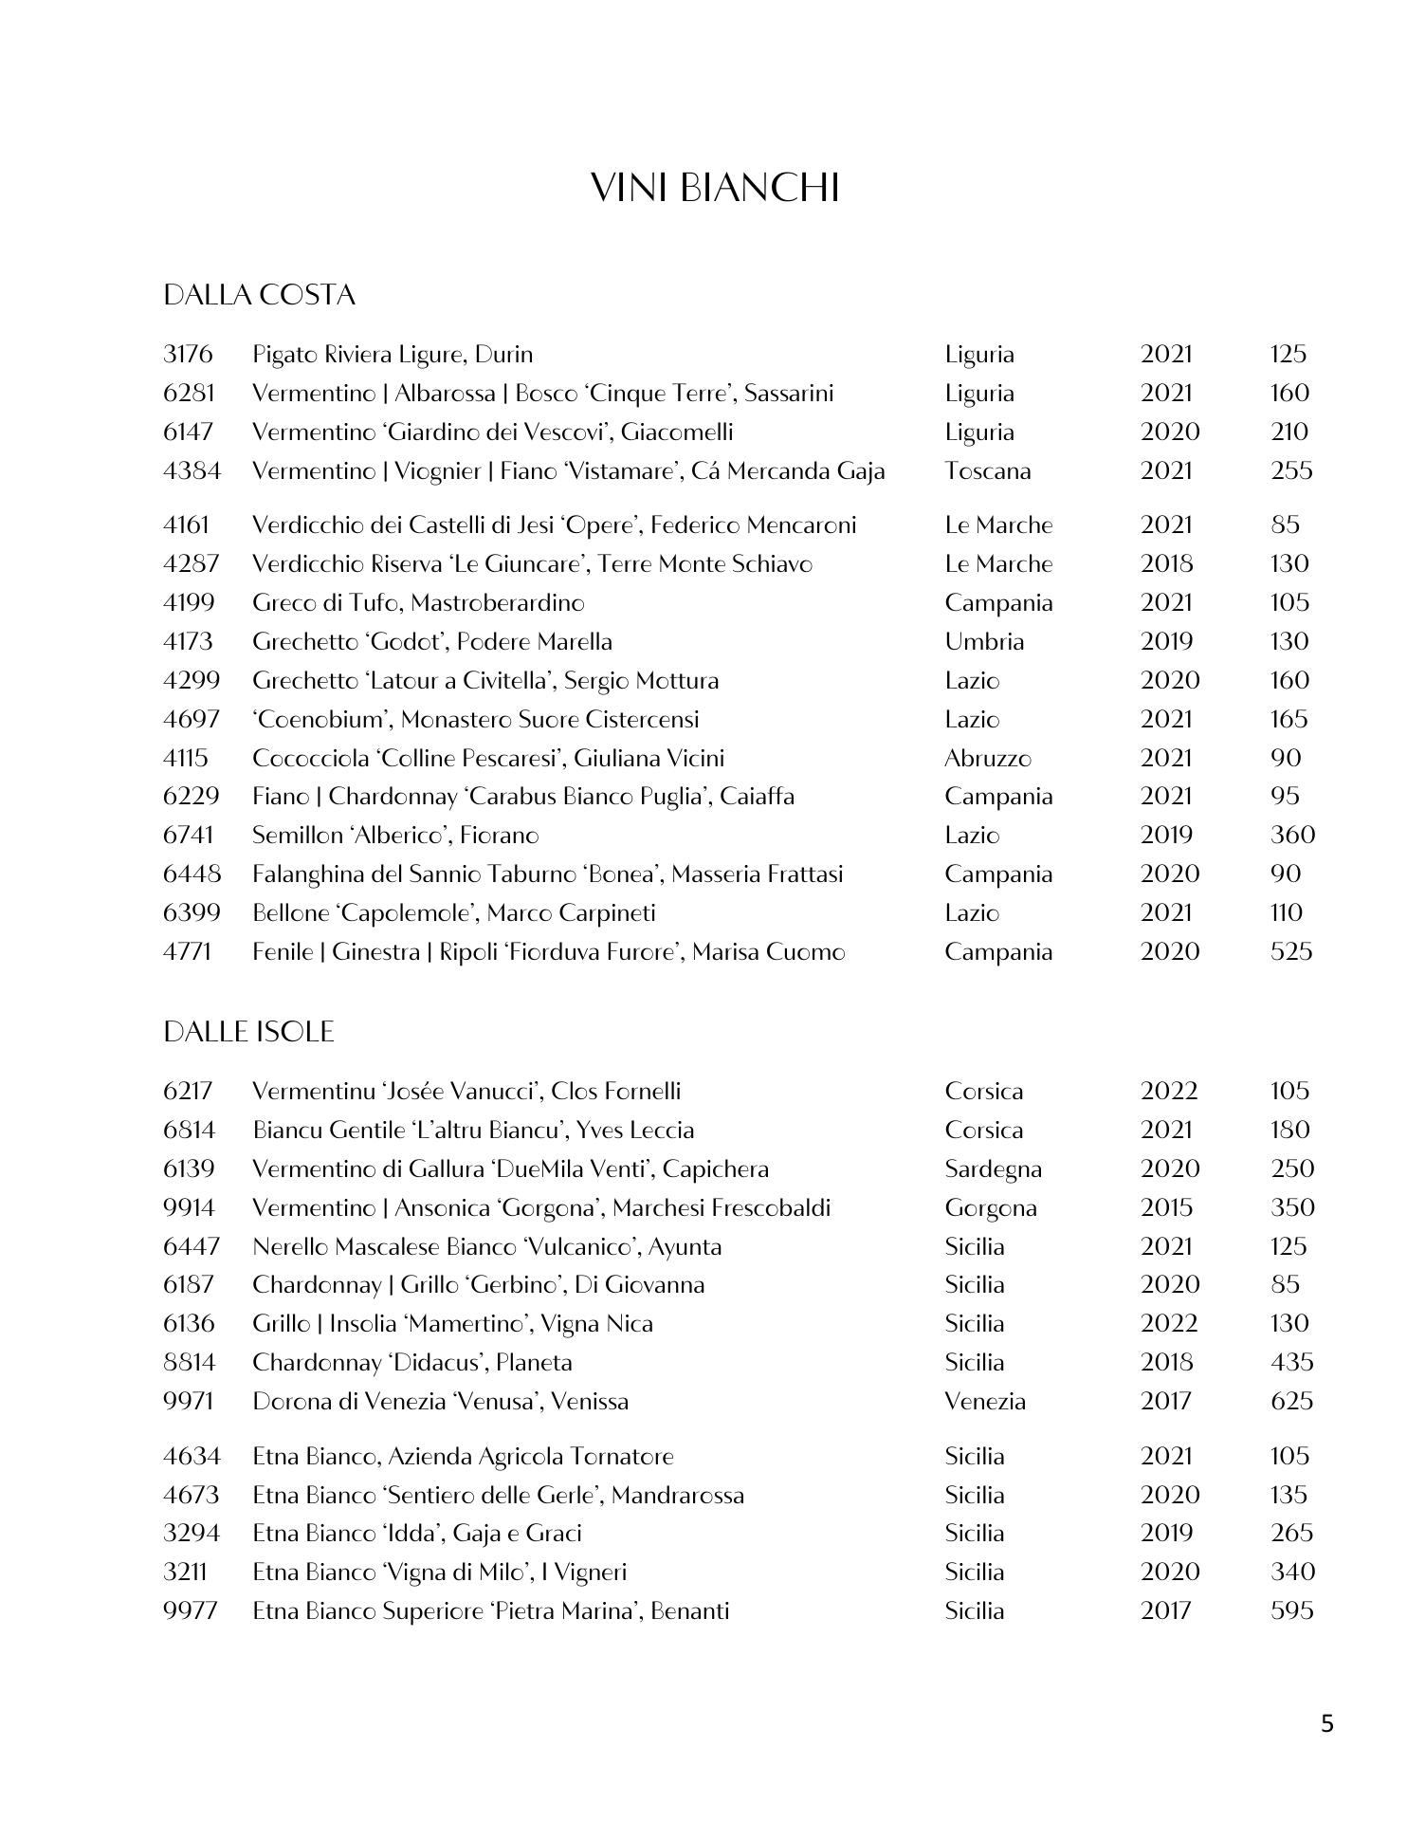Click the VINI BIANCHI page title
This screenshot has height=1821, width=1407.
(x=715, y=188)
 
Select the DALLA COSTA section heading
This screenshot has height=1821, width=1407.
(x=259, y=295)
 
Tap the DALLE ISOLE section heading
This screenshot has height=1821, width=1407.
(x=248, y=1032)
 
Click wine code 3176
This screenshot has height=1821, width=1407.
(x=188, y=355)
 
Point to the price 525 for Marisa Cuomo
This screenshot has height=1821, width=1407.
(x=1291, y=951)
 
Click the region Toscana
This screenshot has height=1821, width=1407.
(x=987, y=471)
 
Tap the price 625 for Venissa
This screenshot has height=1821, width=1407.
(x=1291, y=1401)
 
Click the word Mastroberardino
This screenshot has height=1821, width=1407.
(x=498, y=603)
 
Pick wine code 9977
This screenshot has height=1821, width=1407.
(x=190, y=1610)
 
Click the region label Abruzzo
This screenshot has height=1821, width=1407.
(x=987, y=759)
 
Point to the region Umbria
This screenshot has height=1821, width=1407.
(x=983, y=642)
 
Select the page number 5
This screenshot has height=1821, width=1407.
(x=1326, y=1722)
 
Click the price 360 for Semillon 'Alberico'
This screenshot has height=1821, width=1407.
(x=1292, y=836)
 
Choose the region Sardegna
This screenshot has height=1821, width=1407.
(x=993, y=1169)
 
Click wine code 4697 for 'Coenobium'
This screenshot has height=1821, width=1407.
(x=192, y=720)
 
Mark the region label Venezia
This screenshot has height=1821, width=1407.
(x=984, y=1401)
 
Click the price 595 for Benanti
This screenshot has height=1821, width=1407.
(x=1291, y=1610)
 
